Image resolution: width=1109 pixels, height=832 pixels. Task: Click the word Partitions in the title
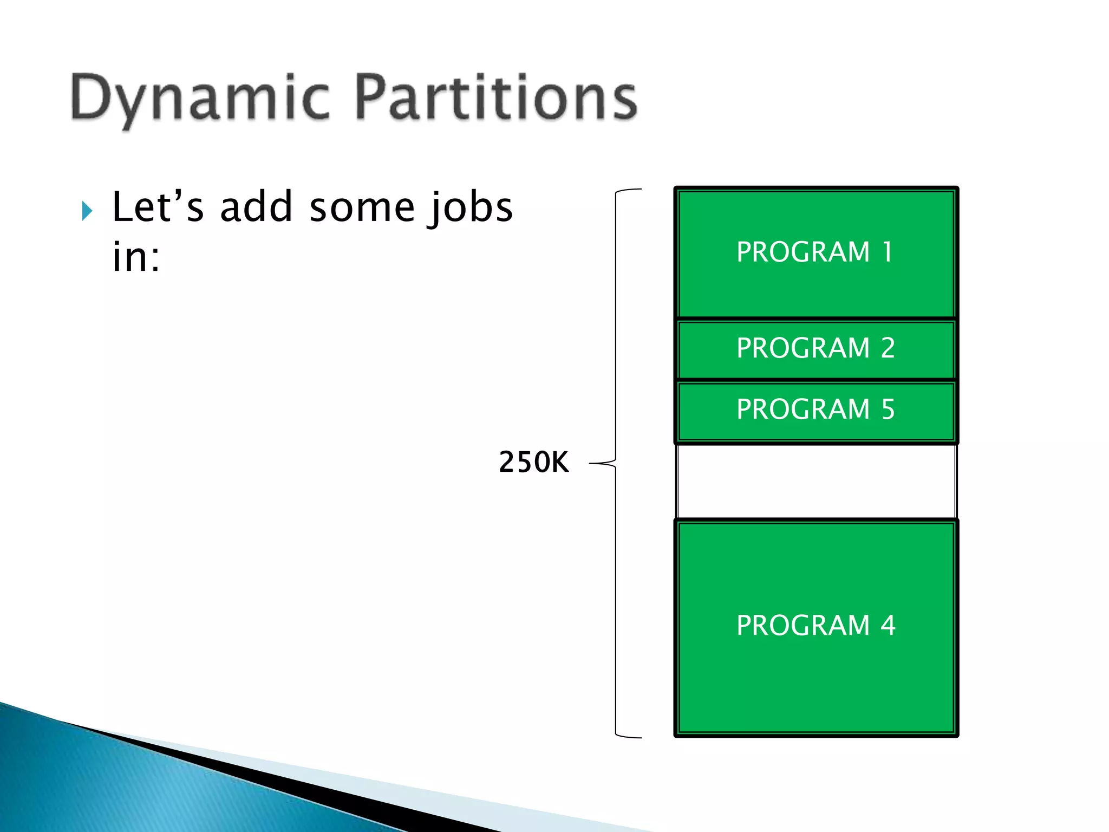[x=496, y=97]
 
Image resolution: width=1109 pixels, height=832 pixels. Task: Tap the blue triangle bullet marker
[x=87, y=211]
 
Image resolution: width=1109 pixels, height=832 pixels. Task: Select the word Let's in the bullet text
[x=158, y=207]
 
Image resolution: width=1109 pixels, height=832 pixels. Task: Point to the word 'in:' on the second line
[x=135, y=257]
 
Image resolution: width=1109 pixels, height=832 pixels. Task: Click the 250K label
[x=533, y=463]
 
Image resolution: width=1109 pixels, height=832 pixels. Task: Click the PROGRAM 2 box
[x=816, y=348]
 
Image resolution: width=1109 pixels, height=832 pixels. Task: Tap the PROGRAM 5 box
[x=816, y=410]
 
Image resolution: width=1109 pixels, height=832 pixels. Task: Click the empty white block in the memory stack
[x=816, y=481]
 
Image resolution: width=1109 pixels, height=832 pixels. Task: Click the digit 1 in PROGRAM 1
[x=887, y=252]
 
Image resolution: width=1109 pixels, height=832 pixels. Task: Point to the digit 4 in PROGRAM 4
[x=888, y=626]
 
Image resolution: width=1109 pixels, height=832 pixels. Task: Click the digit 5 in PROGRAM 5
[x=888, y=410]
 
